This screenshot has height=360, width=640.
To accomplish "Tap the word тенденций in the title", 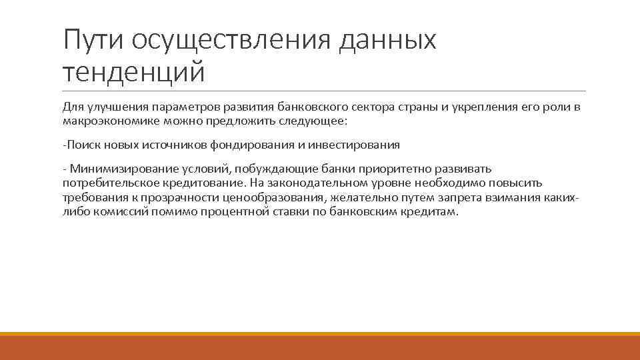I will [x=134, y=72].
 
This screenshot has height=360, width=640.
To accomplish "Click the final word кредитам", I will [x=433, y=213].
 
